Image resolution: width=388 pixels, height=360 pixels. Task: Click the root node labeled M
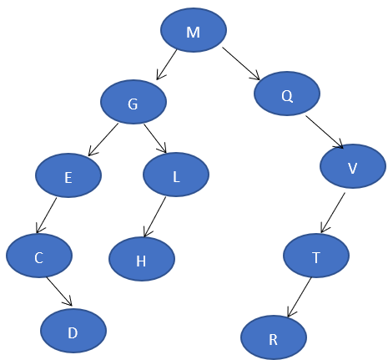coord(194,32)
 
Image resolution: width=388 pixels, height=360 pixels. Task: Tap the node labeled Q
coord(287,94)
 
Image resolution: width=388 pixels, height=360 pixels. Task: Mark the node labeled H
coord(142,259)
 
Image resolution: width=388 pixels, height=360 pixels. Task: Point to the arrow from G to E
coord(103,139)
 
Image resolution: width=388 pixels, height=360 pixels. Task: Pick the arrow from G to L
coord(155,138)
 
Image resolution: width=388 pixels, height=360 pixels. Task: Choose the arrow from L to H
coord(156,216)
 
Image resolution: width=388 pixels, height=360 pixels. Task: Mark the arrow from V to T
coord(333,213)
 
